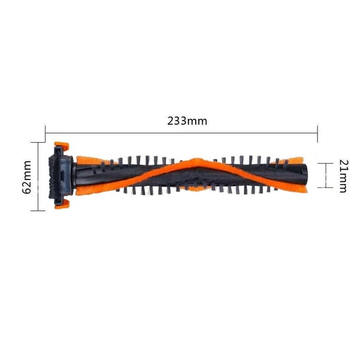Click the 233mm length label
coord(187,121)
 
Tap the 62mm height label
coord(26,177)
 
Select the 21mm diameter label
coord(344,176)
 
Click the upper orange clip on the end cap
coord(62,146)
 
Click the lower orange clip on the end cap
coord(62,204)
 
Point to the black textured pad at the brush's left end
coord(52,176)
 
